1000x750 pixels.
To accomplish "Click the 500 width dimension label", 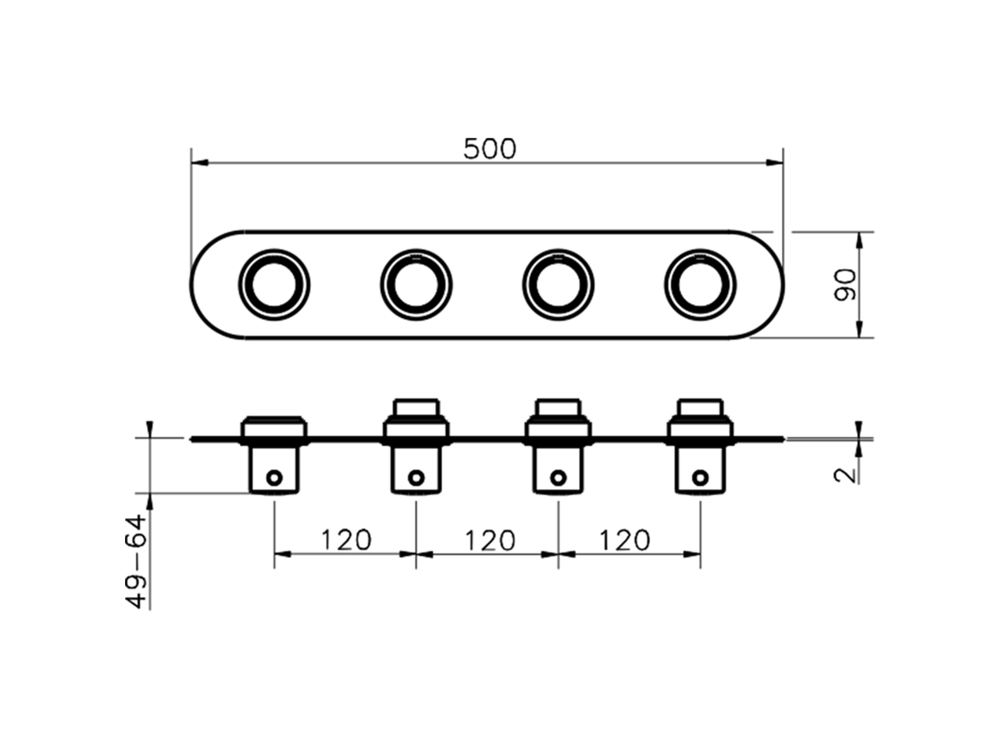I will click(x=490, y=148).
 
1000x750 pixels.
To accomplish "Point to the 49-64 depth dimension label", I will click(x=137, y=561).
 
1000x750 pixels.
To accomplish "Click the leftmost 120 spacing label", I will click(x=345, y=539).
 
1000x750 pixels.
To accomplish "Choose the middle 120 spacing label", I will click(x=490, y=539).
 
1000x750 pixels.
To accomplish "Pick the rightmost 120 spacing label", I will click(x=624, y=539).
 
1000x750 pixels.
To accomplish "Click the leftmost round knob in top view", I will click(x=274, y=284).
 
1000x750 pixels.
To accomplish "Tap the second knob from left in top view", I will click(x=416, y=284).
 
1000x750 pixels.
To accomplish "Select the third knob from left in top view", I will click(x=558, y=284).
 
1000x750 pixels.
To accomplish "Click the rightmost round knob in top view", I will click(x=700, y=284).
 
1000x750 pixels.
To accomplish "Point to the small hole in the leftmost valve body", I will click(x=274, y=477).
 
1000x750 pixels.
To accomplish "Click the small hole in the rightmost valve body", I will click(x=701, y=477).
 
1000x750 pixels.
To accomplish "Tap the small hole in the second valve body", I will click(x=416, y=477).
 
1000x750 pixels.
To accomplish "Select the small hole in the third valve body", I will click(x=558, y=477).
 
